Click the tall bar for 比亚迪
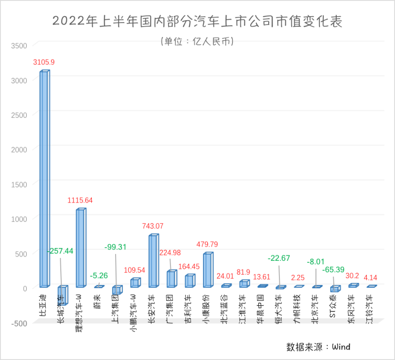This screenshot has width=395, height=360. (44, 179)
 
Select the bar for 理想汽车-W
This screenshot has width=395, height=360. (80, 248)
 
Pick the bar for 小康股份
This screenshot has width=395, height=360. (208, 269)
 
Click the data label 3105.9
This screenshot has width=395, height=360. (44, 62)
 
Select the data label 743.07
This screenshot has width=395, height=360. (153, 226)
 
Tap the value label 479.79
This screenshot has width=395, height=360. (207, 244)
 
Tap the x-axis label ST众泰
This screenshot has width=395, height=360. (333, 305)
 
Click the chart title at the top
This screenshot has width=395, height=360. (197, 22)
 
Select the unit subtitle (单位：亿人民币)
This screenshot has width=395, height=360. (197, 41)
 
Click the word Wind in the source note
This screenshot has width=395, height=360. (341, 347)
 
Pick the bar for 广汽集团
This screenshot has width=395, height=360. (171, 279)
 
